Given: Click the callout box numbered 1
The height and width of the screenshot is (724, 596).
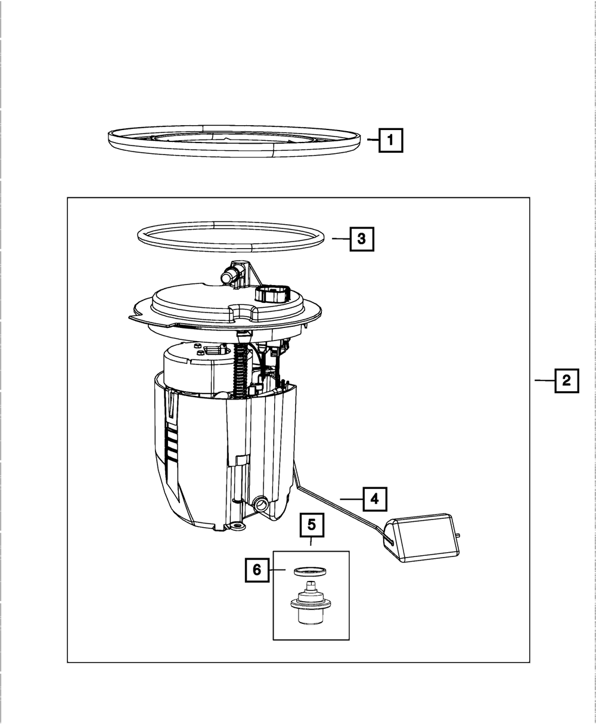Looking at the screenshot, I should tap(390, 141).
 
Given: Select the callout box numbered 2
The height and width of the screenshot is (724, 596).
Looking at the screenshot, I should tap(567, 380).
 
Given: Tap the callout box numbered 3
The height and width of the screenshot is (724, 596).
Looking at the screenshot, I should tap(361, 239).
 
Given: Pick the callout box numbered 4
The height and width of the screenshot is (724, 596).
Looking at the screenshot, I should tap(374, 499).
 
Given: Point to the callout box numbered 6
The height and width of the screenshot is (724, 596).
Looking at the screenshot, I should tap(257, 570).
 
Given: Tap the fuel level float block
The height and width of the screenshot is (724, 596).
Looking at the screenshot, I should tap(423, 539).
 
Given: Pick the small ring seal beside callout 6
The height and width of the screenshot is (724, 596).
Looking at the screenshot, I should tap(311, 571).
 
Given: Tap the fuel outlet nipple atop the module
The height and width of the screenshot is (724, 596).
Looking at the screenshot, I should tap(229, 276).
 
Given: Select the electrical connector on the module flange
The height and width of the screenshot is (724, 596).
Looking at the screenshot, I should tap(273, 293).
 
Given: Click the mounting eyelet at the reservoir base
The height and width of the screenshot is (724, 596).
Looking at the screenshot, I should tap(237, 527).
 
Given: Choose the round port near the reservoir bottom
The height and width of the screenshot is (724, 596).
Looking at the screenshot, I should tap(260, 504).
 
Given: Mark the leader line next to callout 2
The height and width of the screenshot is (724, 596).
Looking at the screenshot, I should tap(544, 380).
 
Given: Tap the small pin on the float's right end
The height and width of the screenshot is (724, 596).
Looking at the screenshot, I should tap(458, 535).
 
